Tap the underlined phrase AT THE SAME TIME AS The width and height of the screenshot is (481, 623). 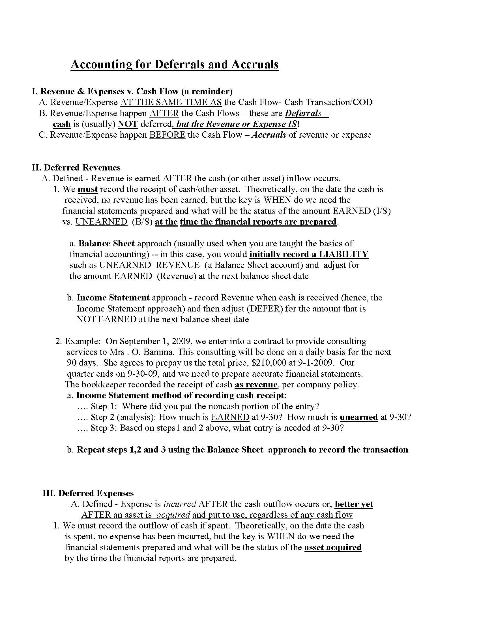(x=171, y=102)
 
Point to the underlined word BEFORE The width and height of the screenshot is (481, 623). (x=167, y=135)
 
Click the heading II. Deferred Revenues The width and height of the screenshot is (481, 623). (x=76, y=167)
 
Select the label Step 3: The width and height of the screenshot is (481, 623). (x=104, y=428)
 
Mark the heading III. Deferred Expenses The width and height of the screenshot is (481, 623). (x=88, y=493)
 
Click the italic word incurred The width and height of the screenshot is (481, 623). (x=180, y=504)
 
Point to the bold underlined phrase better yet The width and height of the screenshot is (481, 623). (x=354, y=504)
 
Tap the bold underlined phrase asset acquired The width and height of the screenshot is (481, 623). (x=333, y=547)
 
